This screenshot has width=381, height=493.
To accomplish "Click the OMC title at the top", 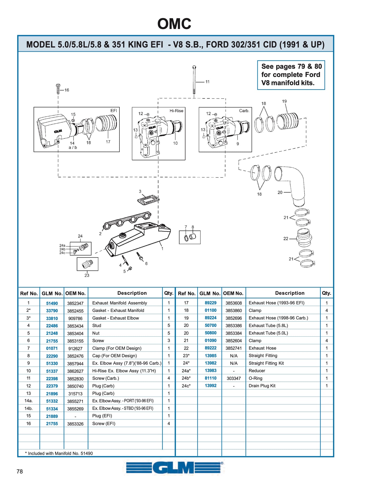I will point(174,24).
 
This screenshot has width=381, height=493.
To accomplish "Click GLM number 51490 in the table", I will point(52,303).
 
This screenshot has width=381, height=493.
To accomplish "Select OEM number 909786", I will point(75,318).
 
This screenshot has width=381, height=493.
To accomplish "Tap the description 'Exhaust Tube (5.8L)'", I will point(268,326).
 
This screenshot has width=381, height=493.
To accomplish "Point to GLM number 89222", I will point(210,348).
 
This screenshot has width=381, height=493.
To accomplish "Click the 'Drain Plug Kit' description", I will point(262,386).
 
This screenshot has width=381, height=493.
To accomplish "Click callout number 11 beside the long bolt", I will point(208,82).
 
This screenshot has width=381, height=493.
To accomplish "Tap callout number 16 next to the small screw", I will point(67,90).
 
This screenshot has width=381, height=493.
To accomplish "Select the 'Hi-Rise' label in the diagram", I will point(176,111).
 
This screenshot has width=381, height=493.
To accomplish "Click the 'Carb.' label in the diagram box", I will point(244,111).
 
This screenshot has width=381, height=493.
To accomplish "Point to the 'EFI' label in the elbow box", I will point(114,110).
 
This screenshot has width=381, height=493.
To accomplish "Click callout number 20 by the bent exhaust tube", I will point(280,192).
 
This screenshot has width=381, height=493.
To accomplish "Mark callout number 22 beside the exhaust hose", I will point(286,239).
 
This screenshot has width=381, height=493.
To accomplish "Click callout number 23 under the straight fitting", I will point(87,275).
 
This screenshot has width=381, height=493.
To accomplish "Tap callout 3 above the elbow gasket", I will point(140,191).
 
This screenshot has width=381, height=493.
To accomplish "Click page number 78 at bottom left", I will point(20,471).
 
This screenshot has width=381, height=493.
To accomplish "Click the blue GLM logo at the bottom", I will point(174,468).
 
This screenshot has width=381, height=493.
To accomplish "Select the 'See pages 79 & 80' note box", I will point(291,75).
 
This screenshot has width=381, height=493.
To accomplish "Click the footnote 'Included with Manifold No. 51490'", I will point(59,453).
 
